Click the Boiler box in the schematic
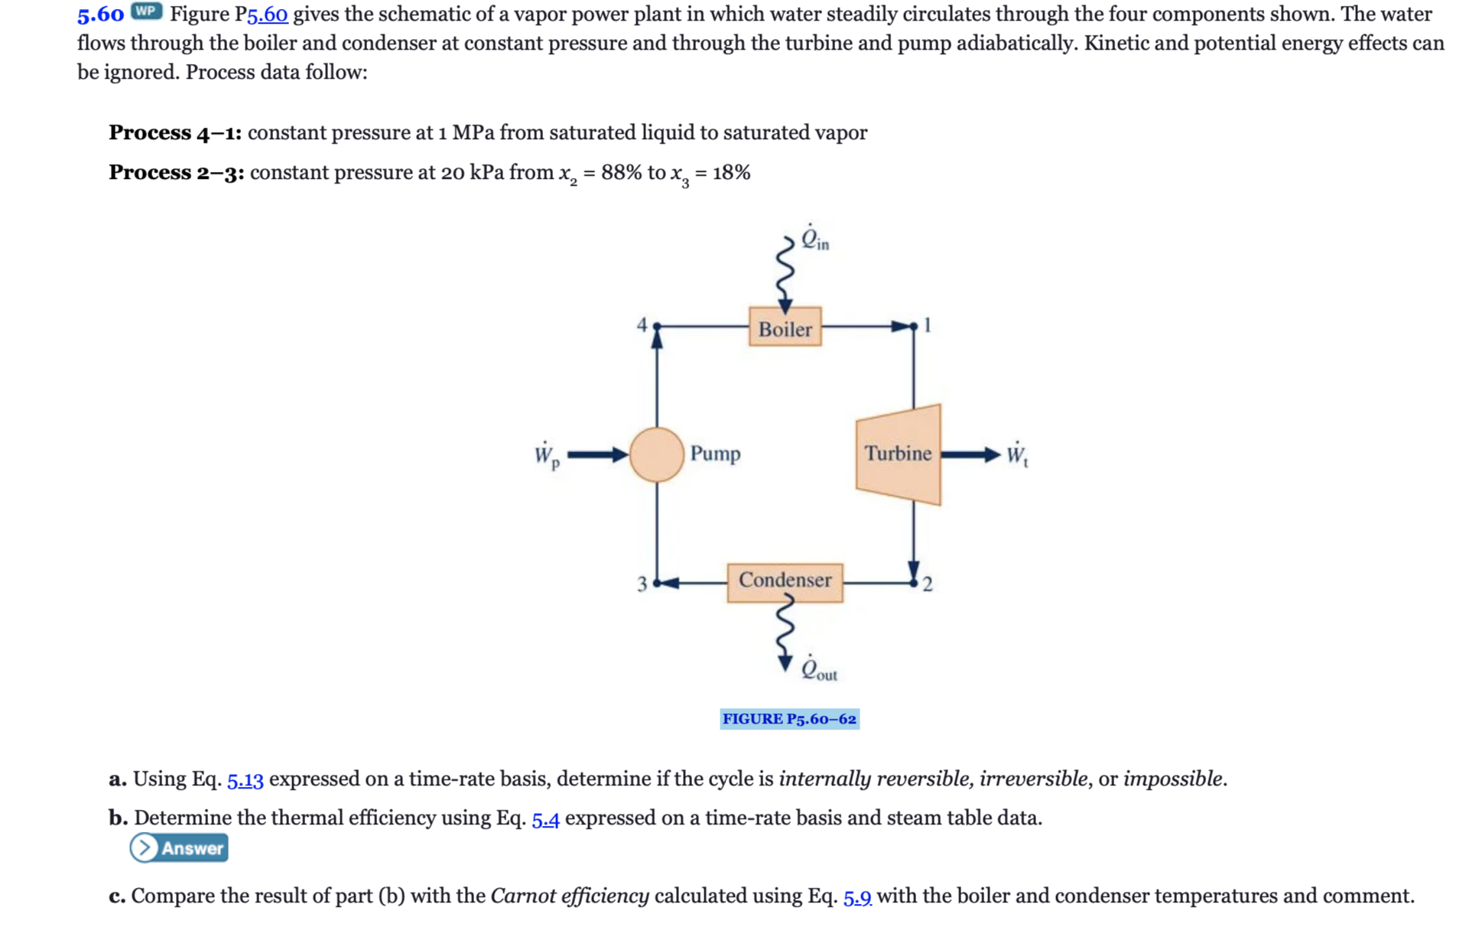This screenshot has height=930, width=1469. click(x=785, y=327)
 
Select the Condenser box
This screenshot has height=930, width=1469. click(x=785, y=582)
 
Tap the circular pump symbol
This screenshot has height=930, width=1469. click(x=656, y=454)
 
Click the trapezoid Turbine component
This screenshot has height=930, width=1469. click(x=899, y=454)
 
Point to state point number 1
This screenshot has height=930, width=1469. click(x=928, y=325)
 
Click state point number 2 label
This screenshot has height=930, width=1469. click(x=928, y=585)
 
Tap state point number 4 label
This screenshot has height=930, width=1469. click(x=642, y=325)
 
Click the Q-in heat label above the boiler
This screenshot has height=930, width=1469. click(x=814, y=239)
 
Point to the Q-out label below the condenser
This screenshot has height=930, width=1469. click(x=818, y=670)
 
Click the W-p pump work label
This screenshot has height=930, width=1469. click(x=546, y=456)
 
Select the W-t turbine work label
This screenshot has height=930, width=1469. click(x=1016, y=456)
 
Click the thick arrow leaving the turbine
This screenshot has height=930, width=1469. click(x=970, y=455)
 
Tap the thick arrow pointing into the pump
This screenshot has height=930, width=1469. click(x=597, y=455)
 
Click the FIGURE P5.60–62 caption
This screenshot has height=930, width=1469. click(x=789, y=719)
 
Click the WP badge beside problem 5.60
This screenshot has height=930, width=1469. click(x=146, y=11)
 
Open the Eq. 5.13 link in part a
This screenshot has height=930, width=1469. click(x=245, y=780)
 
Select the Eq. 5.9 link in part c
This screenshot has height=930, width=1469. click(x=857, y=897)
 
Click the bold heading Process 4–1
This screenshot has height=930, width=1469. click(x=175, y=133)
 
